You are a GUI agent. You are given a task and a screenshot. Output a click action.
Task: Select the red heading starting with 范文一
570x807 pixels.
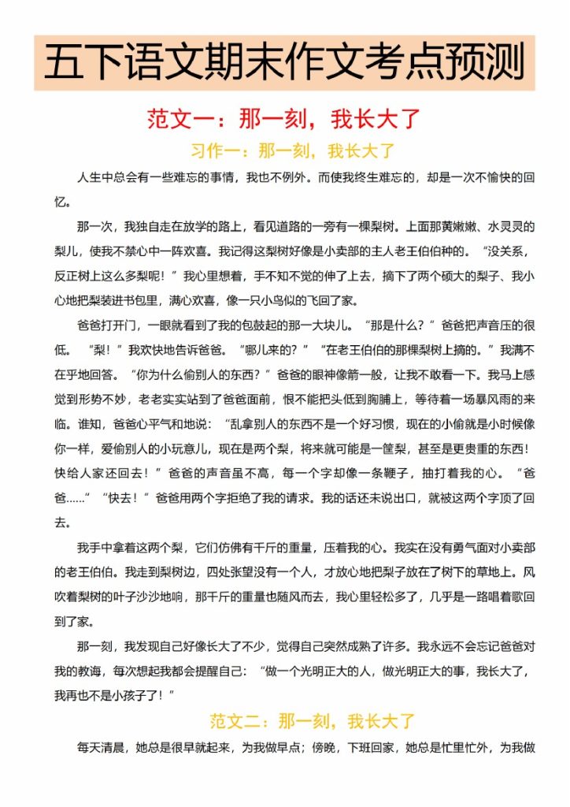coord(284,119)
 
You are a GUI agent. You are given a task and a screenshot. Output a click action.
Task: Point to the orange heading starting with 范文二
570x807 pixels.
coord(312,720)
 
